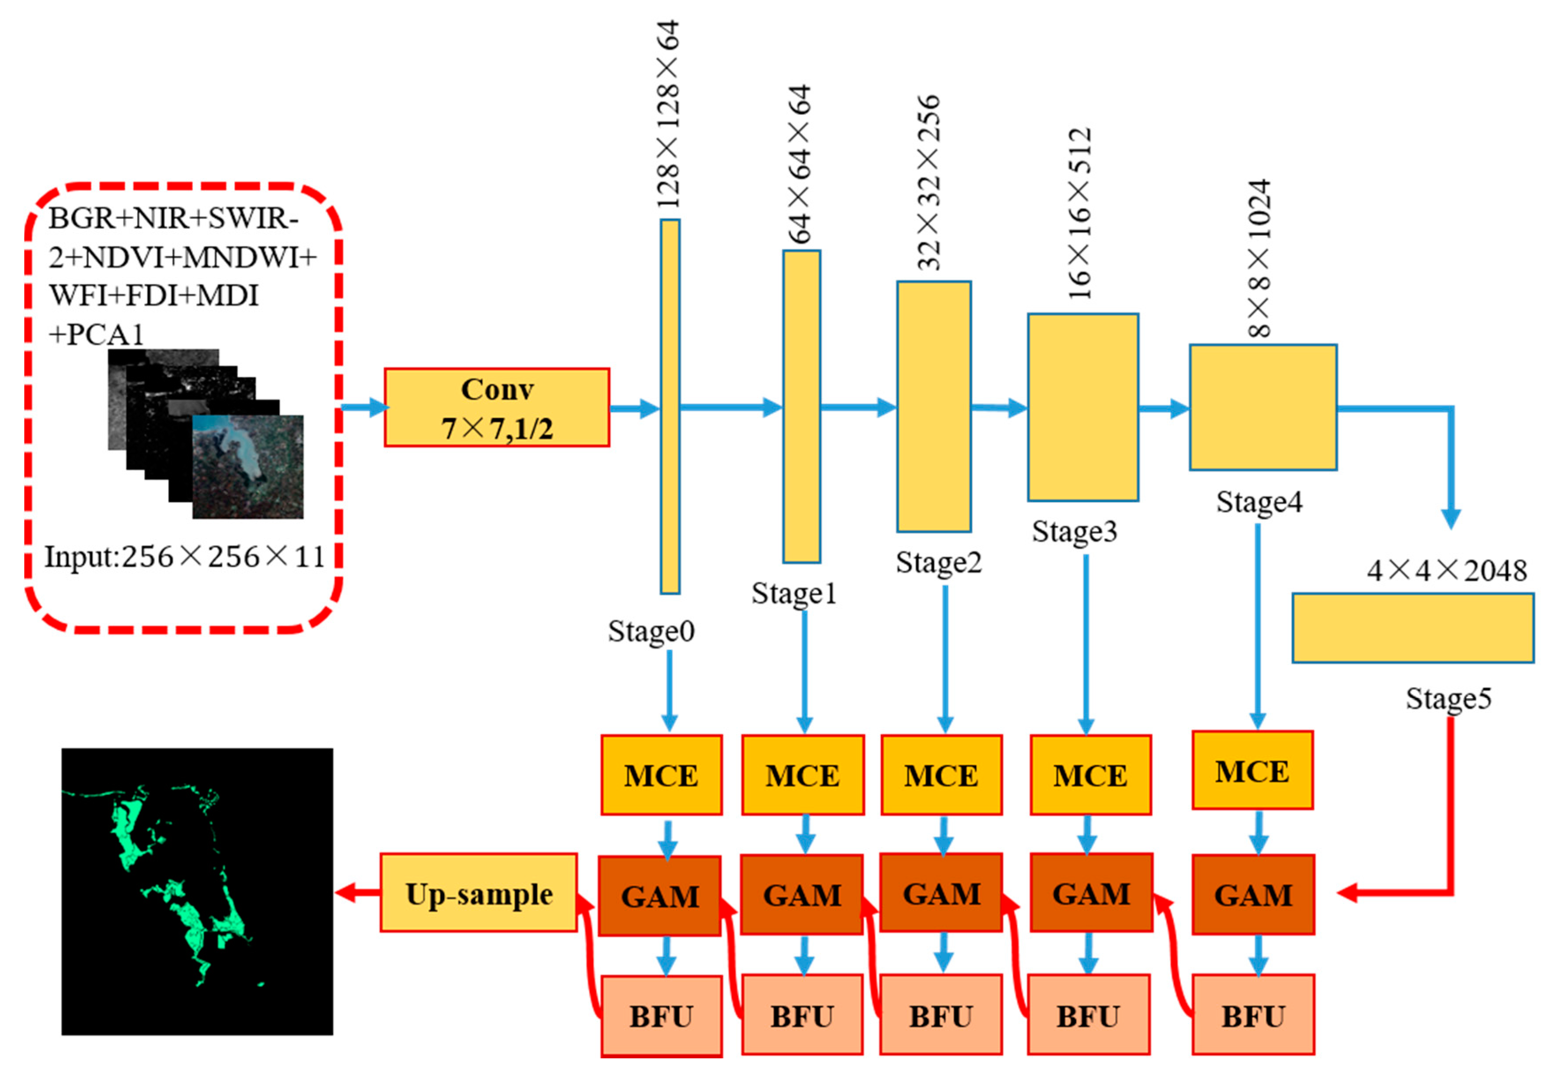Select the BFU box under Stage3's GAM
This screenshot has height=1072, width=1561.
click(1088, 1016)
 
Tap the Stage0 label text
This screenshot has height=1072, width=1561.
click(651, 631)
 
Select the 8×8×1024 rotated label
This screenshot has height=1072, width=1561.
click(1259, 259)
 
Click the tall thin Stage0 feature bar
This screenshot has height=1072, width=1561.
click(670, 406)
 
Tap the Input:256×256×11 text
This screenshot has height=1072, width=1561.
click(185, 557)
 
